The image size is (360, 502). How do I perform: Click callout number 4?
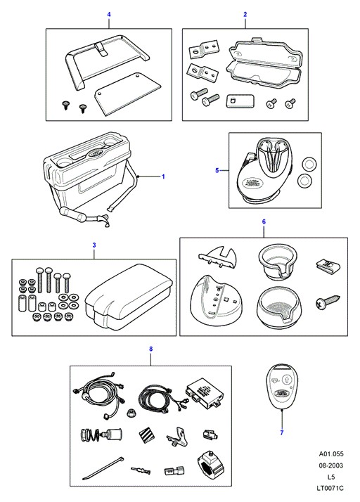click(109, 14)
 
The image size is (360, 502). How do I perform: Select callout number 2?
click(245, 14)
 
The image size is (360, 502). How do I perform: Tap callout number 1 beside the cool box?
click(163, 176)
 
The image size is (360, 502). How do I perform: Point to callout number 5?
click(217, 170)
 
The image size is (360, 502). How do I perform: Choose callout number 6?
click(264, 221)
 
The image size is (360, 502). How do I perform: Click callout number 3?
click(94, 245)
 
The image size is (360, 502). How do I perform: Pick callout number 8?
click(151, 349)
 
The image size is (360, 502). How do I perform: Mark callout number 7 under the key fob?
click(282, 432)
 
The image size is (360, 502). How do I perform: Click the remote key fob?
click(281, 387)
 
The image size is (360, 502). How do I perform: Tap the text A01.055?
click(331, 453)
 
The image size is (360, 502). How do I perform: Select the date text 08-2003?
click(331, 465)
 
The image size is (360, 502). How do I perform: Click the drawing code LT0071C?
click(331, 488)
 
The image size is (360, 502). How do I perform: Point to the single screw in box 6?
click(328, 301)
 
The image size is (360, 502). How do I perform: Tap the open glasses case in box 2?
click(264, 63)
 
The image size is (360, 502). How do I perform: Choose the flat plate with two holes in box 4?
click(128, 94)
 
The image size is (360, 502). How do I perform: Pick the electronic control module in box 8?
click(204, 392)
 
